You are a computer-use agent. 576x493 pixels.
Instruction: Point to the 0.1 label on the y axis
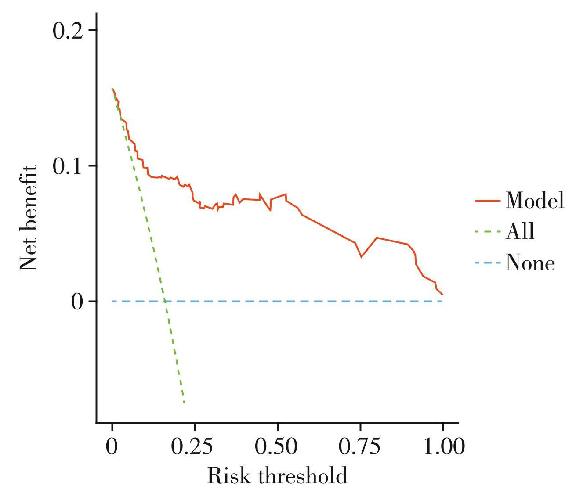[68, 166]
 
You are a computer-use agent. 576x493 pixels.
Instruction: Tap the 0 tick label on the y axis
[77, 302]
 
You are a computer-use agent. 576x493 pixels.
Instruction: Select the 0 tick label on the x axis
[112, 447]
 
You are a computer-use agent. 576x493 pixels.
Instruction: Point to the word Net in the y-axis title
[28, 256]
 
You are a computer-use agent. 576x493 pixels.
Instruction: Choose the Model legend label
[535, 201]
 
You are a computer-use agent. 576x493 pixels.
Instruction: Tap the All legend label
[520, 231]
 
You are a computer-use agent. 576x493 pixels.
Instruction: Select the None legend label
[530, 263]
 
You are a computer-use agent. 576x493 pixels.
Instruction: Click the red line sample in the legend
[488, 201]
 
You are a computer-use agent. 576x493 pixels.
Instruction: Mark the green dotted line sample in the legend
[488, 232]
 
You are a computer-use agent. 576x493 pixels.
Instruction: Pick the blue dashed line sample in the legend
[488, 263]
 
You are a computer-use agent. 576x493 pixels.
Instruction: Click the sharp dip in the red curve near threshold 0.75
[361, 257]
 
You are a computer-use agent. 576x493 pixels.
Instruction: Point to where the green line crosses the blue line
[165, 301]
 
